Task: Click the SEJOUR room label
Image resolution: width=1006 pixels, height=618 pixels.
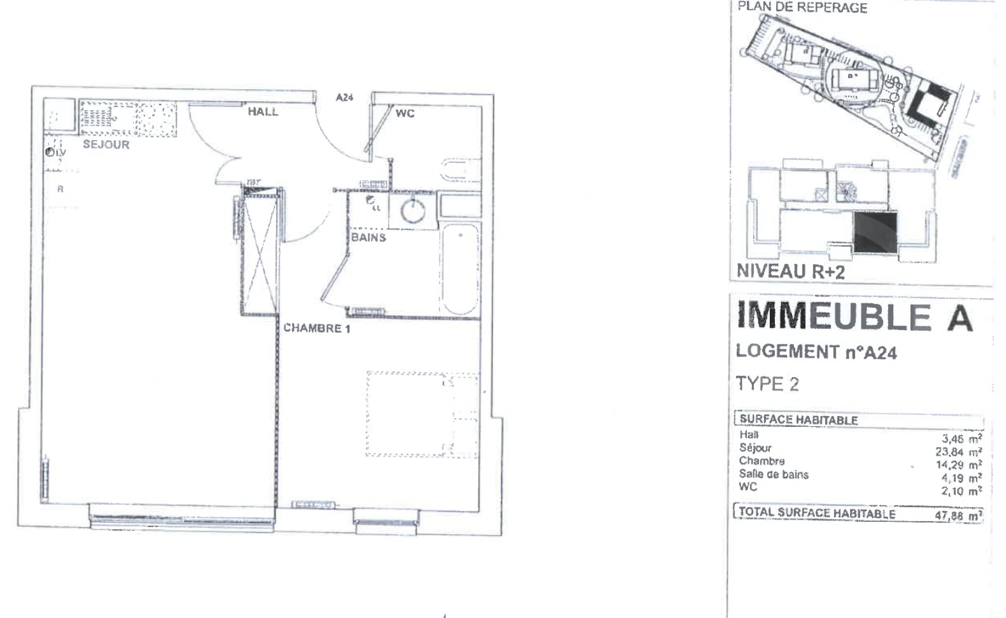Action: click(106, 145)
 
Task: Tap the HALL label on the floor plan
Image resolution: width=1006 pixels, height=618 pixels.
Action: click(263, 112)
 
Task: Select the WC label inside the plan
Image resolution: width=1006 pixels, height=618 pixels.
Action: click(404, 113)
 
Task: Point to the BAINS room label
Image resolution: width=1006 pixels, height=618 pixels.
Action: click(368, 237)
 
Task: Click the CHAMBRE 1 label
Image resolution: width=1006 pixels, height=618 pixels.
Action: click(317, 328)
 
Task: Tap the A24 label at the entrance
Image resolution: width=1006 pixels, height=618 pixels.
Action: click(344, 98)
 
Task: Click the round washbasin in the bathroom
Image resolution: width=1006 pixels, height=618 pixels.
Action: click(413, 211)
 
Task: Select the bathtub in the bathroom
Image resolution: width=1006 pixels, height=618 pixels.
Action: click(460, 269)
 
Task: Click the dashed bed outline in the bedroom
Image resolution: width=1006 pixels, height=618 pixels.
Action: click(422, 414)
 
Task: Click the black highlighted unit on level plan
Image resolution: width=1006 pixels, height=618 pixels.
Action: click(876, 232)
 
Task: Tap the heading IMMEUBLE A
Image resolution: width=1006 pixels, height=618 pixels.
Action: click(854, 317)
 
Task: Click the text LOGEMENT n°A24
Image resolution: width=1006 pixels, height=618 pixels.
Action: click(816, 352)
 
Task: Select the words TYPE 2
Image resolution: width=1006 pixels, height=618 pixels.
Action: click(767, 384)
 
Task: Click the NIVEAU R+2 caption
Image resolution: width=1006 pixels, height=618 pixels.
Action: click(790, 271)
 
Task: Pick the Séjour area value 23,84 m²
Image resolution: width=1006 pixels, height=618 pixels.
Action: click(958, 452)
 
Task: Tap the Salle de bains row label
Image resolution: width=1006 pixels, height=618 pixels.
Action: click(773, 474)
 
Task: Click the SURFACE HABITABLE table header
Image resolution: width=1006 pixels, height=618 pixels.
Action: click(798, 420)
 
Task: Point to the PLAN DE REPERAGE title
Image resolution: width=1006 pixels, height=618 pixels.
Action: click(802, 8)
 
